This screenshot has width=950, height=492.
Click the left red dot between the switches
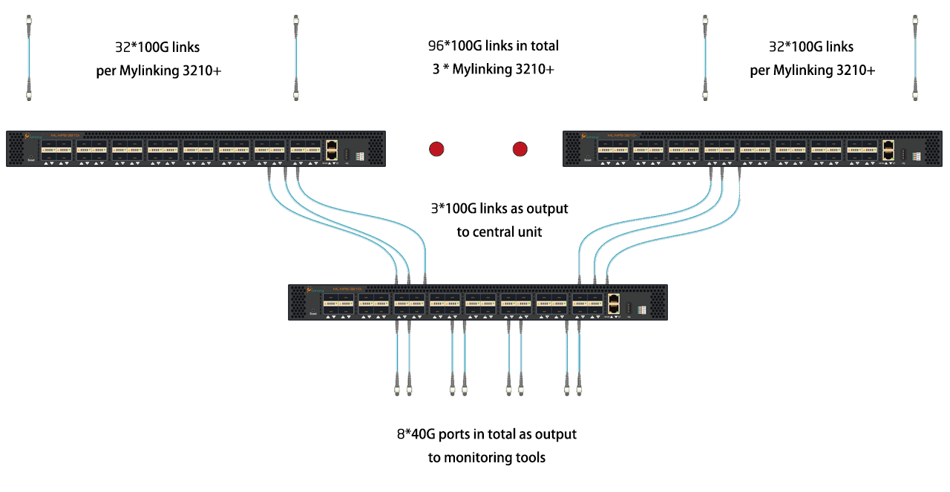coord(436,149)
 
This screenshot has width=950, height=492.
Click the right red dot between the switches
coord(520,149)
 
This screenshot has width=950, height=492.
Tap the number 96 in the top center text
coord(436,46)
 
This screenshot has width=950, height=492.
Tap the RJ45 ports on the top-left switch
coord(332,150)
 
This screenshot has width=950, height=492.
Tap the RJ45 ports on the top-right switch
coord(888,150)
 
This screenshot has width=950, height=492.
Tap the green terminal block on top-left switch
coord(361,156)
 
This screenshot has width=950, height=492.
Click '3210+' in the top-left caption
coord(202,71)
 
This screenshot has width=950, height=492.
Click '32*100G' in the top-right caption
coord(793,47)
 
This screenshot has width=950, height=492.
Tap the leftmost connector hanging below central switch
coord(395,389)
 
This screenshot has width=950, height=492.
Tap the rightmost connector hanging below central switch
coord(579,389)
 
